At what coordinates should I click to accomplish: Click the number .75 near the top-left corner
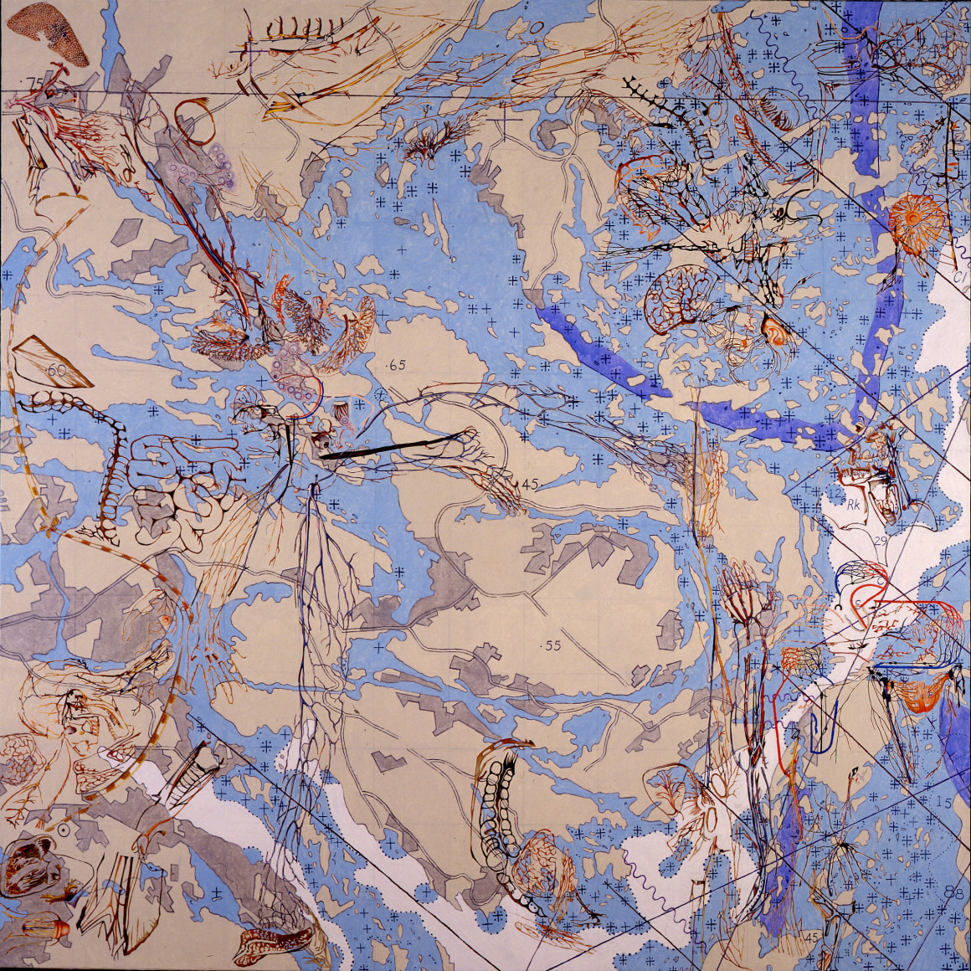pyautogui.click(x=34, y=81)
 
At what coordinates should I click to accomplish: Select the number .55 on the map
pyautogui.click(x=550, y=645)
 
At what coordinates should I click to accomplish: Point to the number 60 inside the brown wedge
pyautogui.click(x=57, y=369)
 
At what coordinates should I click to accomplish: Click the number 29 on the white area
pyautogui.click(x=880, y=542)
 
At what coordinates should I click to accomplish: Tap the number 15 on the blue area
pyautogui.click(x=943, y=803)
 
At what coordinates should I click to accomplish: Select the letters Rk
pyautogui.click(x=854, y=506)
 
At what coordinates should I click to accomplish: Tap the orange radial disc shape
pyautogui.click(x=917, y=219)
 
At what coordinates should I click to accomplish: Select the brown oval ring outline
pyautogui.click(x=195, y=122)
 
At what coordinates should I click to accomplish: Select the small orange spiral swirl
pyautogui.click(x=777, y=331)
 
